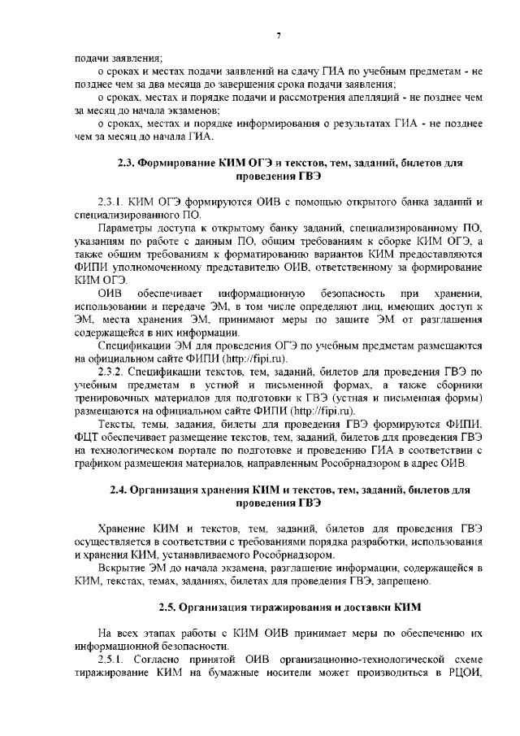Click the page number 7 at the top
coord(278,34)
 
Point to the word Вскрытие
coord(122,568)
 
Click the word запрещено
coord(413,581)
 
